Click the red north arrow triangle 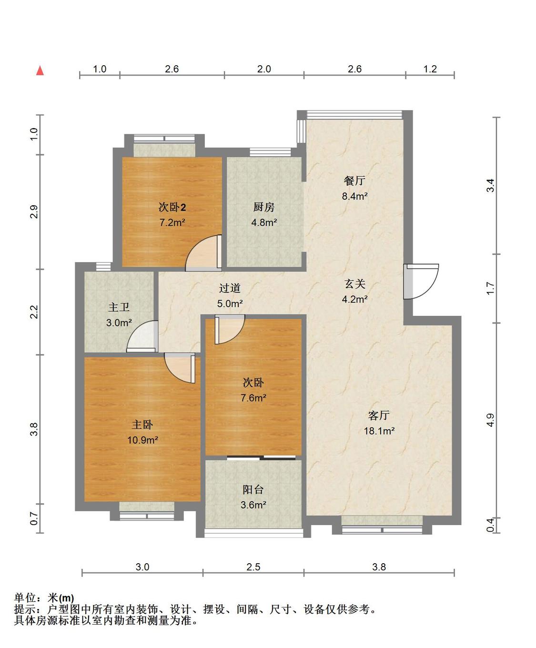click(x=40, y=71)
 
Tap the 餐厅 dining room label click(x=354, y=180)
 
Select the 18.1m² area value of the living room click(x=379, y=431)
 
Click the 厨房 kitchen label click(x=264, y=207)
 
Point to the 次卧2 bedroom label click(x=172, y=207)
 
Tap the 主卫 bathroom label click(x=119, y=307)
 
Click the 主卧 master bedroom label click(x=142, y=425)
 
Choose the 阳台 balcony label click(x=253, y=489)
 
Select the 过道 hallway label click(x=230, y=288)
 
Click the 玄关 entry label click(x=355, y=283)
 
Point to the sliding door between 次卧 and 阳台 click(x=261, y=457)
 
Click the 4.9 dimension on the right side click(x=490, y=420)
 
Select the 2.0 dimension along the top click(x=264, y=69)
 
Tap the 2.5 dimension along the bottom click(x=253, y=567)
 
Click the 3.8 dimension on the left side click(x=34, y=429)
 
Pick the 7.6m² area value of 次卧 click(x=253, y=397)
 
